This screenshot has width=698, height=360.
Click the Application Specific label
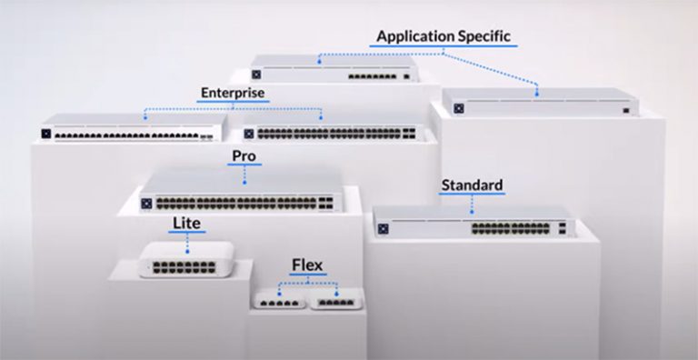446,36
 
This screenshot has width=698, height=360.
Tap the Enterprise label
232,93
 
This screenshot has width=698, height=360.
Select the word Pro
243,156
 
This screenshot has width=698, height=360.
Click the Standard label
472,185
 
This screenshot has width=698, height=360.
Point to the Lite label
188,223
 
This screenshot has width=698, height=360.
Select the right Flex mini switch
334,299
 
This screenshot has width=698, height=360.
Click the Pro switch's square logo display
145,202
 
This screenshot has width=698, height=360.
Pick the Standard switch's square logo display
383,227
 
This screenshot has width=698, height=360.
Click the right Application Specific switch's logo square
458,108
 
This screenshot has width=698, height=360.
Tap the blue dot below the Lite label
188,248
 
